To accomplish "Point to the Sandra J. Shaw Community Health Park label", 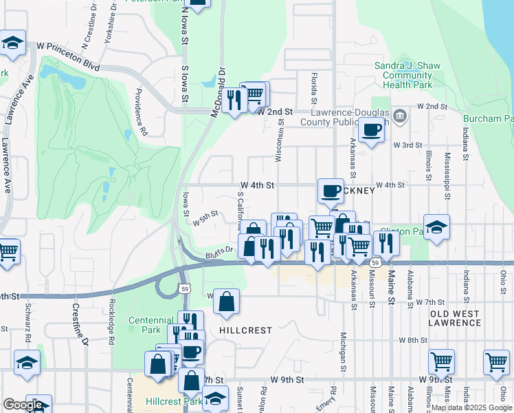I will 407,75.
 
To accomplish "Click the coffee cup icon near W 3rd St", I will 371,129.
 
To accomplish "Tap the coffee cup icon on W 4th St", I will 331,191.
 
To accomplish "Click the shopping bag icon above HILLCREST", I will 226,301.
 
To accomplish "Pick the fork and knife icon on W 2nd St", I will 234,100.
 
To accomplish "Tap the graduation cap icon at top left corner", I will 12,43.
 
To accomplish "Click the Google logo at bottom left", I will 23,405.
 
